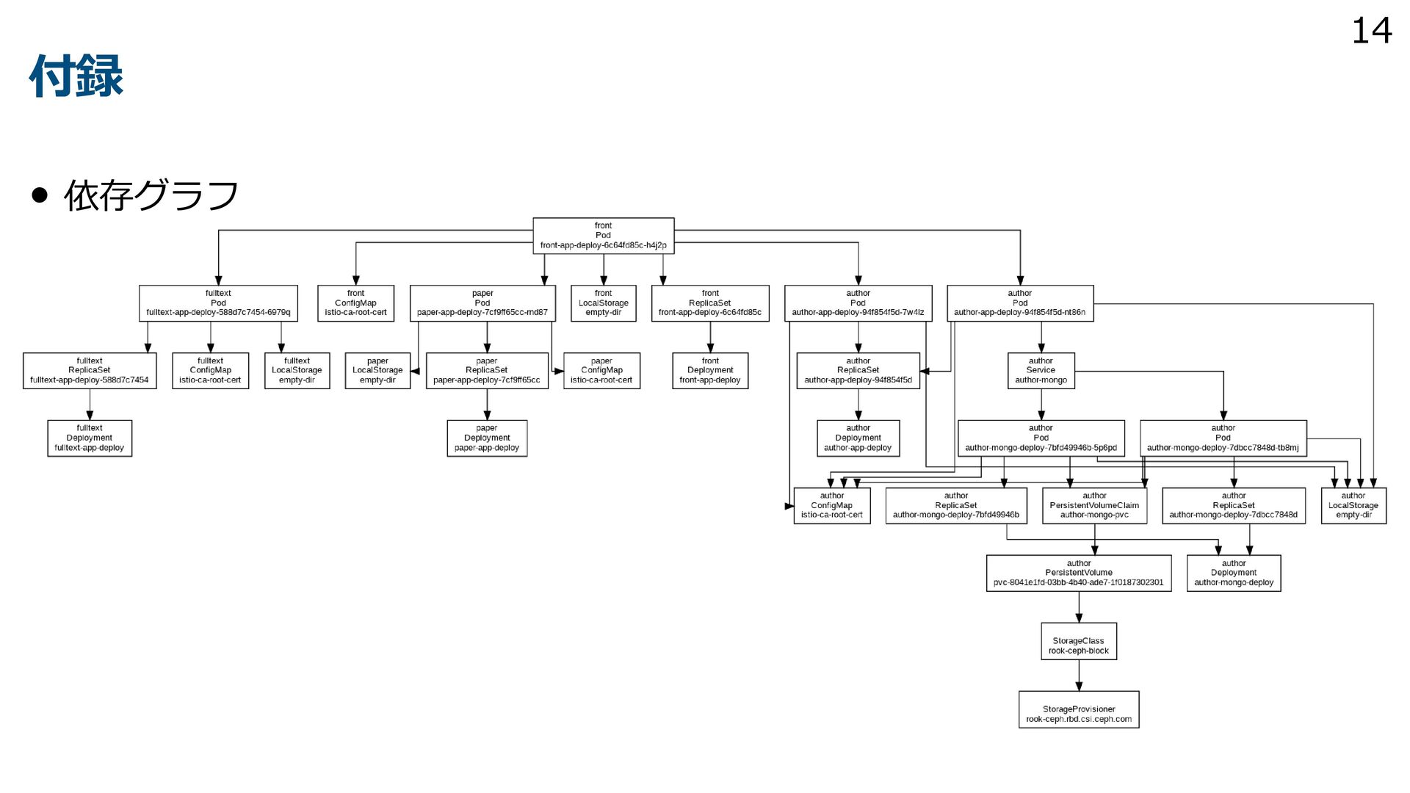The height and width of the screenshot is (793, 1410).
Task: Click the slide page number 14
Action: pyautogui.click(x=1371, y=31)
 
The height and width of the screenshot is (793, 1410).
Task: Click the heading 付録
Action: pyautogui.click(x=76, y=76)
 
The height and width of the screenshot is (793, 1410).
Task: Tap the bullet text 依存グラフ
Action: pyautogui.click(x=151, y=195)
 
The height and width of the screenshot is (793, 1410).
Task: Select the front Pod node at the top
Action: pyautogui.click(x=603, y=236)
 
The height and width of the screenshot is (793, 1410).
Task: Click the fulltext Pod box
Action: pyautogui.click(x=218, y=303)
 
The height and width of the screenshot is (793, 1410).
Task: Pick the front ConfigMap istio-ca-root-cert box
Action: pyautogui.click(x=355, y=303)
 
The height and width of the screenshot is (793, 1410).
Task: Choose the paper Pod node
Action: pyautogui.click(x=482, y=303)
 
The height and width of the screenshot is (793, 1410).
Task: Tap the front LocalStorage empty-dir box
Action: pyautogui.click(x=603, y=303)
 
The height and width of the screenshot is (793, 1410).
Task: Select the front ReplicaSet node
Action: pyautogui.click(x=709, y=303)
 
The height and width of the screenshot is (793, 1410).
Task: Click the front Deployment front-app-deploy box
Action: pyautogui.click(x=709, y=371)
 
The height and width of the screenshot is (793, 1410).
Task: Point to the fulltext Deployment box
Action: pyautogui.click(x=90, y=438)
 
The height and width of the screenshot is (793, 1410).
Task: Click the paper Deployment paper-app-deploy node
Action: pyautogui.click(x=487, y=438)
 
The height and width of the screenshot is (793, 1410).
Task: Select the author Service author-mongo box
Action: pyautogui.click(x=1041, y=371)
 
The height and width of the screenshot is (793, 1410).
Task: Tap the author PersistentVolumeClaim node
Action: pyautogui.click(x=1094, y=506)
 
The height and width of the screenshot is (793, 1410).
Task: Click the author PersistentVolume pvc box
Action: pyautogui.click(x=1078, y=573)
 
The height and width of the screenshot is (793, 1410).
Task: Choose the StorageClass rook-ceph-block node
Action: pyautogui.click(x=1078, y=642)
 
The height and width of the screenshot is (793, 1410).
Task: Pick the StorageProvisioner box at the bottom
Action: pyautogui.click(x=1078, y=709)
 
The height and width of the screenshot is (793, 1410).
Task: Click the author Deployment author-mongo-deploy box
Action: pyautogui.click(x=1234, y=573)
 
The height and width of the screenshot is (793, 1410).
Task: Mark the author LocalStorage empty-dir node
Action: pyautogui.click(x=1353, y=506)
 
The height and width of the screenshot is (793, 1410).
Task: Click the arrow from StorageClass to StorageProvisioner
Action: pyautogui.click(x=1079, y=676)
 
